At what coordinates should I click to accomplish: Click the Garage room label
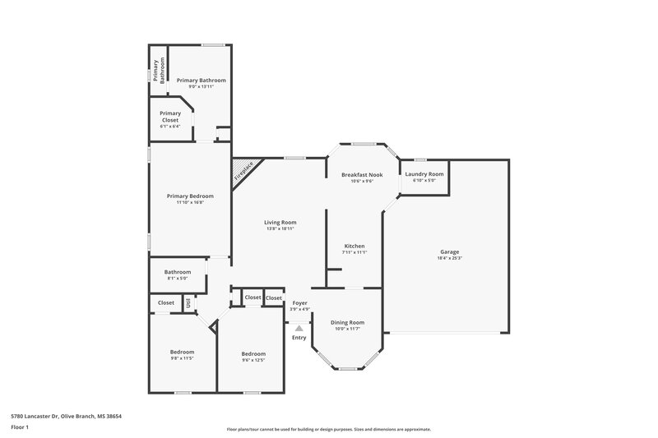(449, 251)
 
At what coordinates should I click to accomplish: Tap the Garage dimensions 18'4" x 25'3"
(449, 259)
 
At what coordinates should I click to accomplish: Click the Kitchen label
(354, 246)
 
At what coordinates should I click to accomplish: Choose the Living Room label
(280, 222)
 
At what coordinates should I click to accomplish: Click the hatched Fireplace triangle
(243, 171)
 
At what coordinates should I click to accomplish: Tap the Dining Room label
(347, 322)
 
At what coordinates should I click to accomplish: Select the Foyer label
(299, 302)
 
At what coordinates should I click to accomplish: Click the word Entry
(299, 337)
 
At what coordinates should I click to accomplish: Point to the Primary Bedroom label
(190, 196)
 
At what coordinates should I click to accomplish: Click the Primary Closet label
(170, 117)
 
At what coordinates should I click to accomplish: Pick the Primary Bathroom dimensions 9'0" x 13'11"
(201, 86)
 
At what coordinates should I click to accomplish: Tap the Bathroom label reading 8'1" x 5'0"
(177, 279)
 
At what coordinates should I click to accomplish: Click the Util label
(188, 303)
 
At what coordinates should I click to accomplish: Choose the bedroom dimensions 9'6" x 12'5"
(253, 360)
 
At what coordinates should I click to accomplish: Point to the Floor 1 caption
(20, 427)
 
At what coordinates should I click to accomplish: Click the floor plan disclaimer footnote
(329, 429)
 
